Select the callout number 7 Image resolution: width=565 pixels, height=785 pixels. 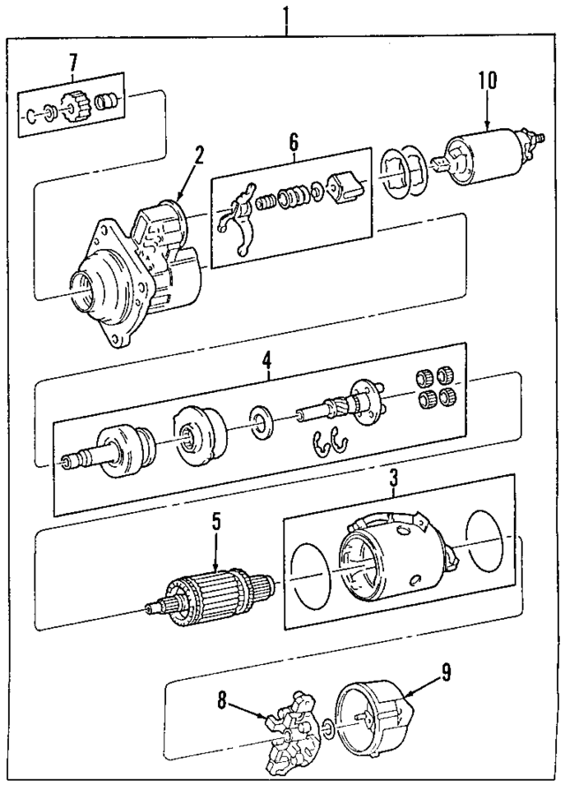73,61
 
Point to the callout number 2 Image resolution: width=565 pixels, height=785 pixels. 200,155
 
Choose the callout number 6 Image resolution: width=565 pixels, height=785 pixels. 293,140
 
